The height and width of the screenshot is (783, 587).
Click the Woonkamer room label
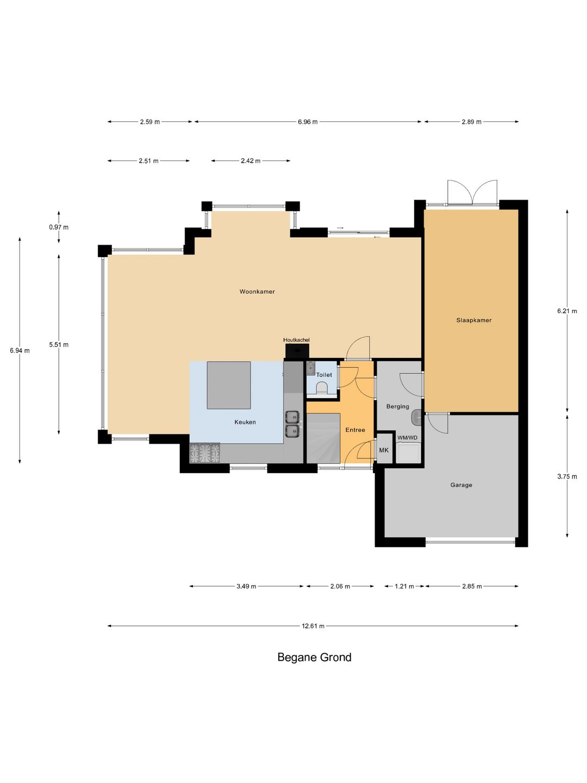tap(257, 291)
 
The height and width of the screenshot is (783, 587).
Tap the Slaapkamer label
tap(473, 320)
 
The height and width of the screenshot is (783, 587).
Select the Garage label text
tap(461, 485)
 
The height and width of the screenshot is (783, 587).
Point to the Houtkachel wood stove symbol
tap(296, 351)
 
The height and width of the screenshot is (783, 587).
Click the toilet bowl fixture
tap(322, 388)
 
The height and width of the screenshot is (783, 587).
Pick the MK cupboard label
tap(384, 450)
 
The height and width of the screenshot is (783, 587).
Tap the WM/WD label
tap(408, 437)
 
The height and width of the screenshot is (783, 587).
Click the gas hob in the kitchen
tap(205, 453)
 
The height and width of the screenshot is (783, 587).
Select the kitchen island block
tap(229, 386)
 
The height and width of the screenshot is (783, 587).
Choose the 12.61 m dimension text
tap(313, 626)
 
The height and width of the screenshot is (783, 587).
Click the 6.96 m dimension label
tap(308, 122)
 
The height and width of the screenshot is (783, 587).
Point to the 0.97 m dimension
tap(59, 227)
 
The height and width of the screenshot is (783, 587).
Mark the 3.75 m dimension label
tap(567, 476)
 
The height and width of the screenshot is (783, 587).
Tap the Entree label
tap(355, 430)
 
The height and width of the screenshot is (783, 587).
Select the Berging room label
tap(398, 406)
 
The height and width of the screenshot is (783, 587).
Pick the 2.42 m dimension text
tap(251, 161)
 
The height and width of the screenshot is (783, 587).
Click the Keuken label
tap(245, 422)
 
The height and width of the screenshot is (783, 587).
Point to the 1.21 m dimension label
tap(404, 586)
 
